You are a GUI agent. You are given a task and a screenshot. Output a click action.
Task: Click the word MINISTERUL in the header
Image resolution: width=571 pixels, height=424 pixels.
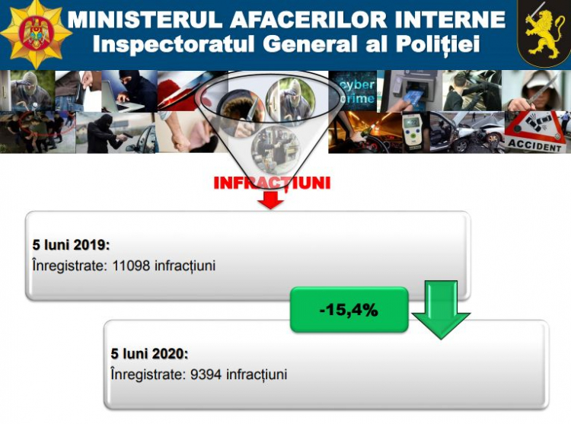[145, 19]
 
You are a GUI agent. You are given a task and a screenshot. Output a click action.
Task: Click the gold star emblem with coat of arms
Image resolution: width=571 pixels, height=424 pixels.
[36, 34]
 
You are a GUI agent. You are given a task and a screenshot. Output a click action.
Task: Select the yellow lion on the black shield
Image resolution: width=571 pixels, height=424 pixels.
[544, 33]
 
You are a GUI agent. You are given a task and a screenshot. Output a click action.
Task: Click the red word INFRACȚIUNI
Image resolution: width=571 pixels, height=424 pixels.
[272, 183]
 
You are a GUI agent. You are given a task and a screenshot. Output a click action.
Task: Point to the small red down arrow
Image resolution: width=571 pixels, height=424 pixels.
[270, 199]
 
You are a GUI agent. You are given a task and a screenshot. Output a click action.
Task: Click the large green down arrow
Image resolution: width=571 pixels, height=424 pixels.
[441, 309]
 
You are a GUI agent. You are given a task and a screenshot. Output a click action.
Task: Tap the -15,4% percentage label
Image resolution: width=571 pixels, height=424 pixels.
[349, 310]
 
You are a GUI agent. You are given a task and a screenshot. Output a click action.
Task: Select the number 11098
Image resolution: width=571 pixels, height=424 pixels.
[131, 266]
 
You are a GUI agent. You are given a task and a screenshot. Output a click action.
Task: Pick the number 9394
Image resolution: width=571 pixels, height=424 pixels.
[206, 375]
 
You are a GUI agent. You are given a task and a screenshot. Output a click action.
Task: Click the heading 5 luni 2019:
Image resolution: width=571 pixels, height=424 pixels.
[71, 245]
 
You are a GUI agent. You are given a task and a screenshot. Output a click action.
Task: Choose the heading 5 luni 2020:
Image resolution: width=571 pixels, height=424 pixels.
[150, 354]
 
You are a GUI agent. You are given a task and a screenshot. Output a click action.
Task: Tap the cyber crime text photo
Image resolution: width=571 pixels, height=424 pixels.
[352, 91]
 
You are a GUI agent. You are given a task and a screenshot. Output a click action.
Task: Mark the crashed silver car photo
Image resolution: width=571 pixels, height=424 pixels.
[467, 132]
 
